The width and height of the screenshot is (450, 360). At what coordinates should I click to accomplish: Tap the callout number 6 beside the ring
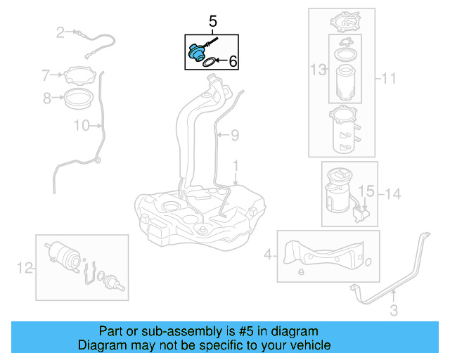click(233, 63)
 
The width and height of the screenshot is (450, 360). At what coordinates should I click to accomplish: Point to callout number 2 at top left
click(60, 32)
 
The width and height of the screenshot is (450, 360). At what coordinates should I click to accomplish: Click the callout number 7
click(46, 75)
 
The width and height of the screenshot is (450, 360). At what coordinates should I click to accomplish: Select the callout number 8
click(46, 98)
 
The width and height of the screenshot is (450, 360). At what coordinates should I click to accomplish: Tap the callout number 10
click(82, 126)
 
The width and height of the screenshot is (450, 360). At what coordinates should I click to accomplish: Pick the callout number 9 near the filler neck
click(236, 134)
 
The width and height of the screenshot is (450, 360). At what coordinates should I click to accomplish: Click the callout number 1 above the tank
click(236, 166)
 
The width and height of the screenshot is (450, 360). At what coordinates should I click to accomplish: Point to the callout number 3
click(394, 309)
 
